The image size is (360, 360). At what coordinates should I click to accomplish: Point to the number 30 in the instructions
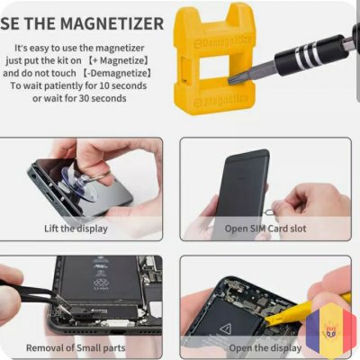click(x=85, y=98)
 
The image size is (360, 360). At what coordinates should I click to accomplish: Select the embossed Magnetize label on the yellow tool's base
click(x=221, y=101)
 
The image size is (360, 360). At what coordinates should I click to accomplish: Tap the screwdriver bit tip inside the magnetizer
click(x=231, y=80)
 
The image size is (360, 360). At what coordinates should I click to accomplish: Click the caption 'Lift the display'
click(x=76, y=229)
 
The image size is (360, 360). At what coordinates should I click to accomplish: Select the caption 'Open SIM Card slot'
click(x=265, y=229)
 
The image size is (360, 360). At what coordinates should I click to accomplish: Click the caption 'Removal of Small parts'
click(x=76, y=348)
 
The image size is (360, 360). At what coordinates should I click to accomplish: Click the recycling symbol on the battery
click(x=100, y=283)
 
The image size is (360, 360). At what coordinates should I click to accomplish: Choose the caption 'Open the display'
click(x=265, y=348)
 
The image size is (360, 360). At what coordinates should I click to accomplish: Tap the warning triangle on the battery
click(x=227, y=329)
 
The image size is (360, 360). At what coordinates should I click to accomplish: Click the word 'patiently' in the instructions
click(x=64, y=86)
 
